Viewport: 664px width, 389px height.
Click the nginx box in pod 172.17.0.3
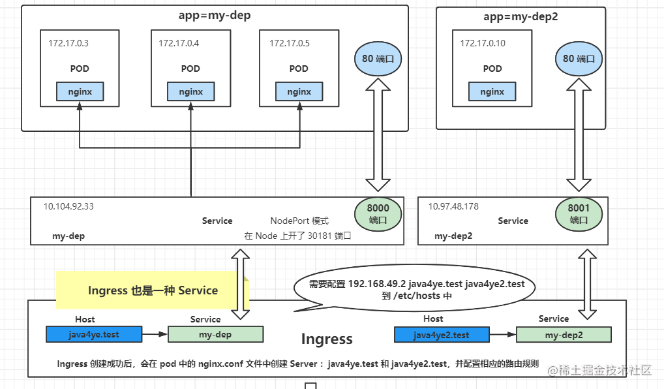pos(80,91)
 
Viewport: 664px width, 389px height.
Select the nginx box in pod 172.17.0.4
pos(191,91)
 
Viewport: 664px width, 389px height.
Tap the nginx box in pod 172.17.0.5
pos(299,91)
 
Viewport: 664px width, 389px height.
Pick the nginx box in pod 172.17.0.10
pos(492,91)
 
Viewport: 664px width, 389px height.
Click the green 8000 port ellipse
pos(378,214)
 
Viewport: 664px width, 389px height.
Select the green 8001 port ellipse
pos(579,214)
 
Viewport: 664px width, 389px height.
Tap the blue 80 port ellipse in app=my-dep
pos(378,59)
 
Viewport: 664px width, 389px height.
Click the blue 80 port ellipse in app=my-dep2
pos(579,59)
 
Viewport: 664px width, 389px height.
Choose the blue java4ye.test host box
pos(94,334)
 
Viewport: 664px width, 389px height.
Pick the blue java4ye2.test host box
pos(442,335)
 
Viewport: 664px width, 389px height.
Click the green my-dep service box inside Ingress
pos(215,334)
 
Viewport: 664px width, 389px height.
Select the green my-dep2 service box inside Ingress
pos(564,335)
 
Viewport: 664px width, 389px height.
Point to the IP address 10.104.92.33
pos(68,206)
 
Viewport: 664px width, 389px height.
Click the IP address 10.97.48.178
pos(453,206)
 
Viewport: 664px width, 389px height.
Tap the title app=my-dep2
pos(521,16)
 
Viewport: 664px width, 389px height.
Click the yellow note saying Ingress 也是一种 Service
pos(153,290)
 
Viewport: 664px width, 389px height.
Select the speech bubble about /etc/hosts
pos(415,287)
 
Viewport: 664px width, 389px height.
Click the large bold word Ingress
pos(327,339)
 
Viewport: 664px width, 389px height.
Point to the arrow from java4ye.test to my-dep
pos(155,334)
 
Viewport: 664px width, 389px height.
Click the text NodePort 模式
pos(299,221)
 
